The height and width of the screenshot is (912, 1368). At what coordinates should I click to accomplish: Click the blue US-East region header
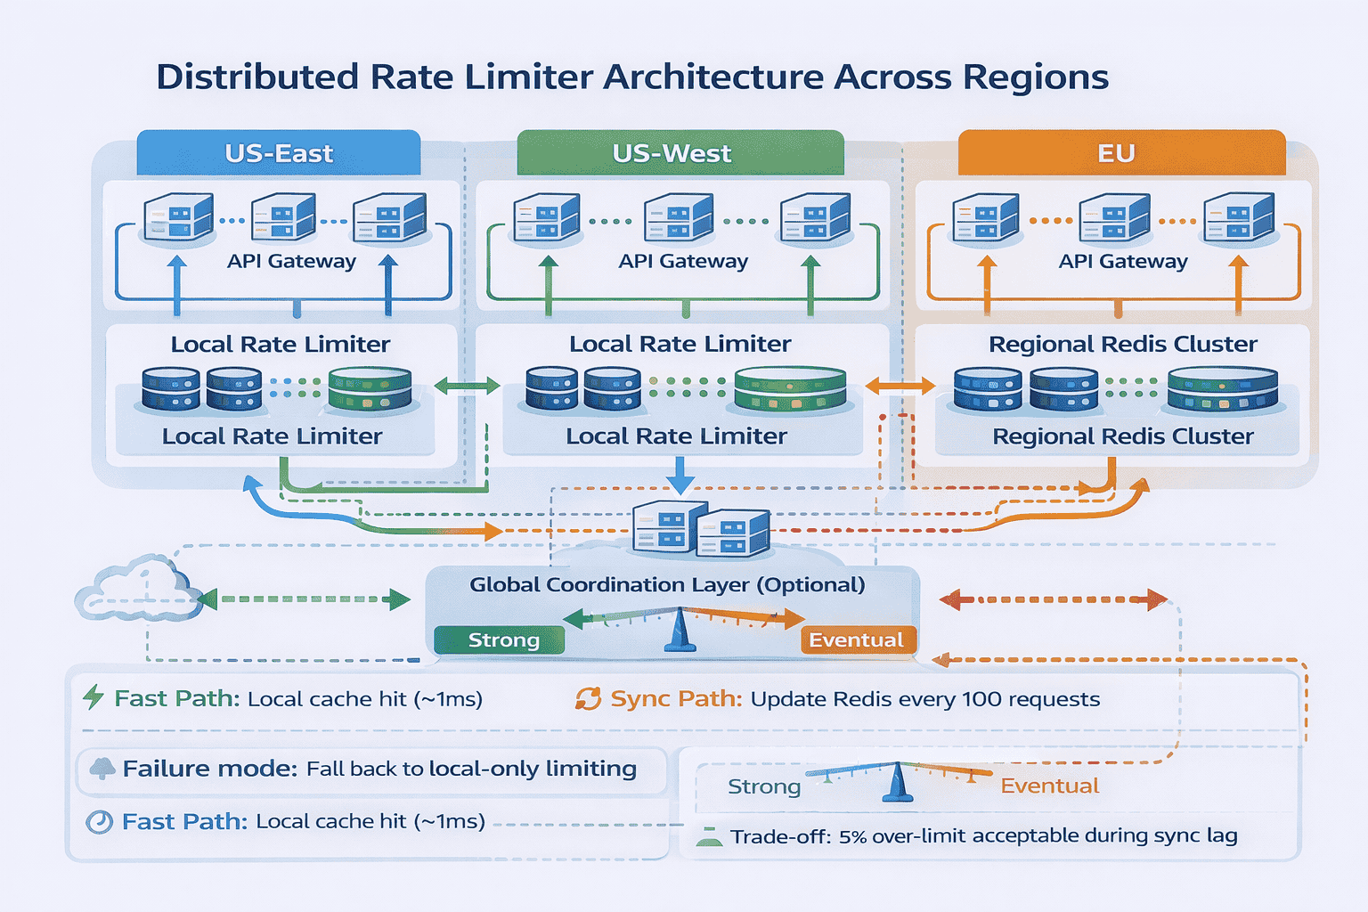(279, 153)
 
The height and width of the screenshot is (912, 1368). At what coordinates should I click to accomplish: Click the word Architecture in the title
(713, 77)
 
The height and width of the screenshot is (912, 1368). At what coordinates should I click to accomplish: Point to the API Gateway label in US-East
(291, 261)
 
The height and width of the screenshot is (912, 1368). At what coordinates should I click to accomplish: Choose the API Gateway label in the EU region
(1123, 261)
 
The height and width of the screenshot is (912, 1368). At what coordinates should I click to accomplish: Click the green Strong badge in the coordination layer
(500, 640)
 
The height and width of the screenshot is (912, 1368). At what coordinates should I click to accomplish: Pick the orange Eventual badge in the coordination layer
(858, 640)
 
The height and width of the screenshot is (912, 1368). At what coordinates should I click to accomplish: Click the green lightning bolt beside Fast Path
(93, 696)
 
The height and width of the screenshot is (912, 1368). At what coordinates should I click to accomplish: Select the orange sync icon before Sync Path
(588, 698)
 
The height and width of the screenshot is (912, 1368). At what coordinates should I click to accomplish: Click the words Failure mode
(209, 769)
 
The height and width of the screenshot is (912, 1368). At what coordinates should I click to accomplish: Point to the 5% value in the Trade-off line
(852, 836)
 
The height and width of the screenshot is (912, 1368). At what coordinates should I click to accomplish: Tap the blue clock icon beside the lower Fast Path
(99, 821)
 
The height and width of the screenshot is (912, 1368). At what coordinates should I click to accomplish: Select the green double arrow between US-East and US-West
(467, 386)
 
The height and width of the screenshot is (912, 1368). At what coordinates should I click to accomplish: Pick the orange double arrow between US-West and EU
(900, 386)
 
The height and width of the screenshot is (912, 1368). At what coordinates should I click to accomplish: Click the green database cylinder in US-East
(370, 388)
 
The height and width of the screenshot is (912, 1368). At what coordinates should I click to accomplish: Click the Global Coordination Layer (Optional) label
(667, 584)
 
